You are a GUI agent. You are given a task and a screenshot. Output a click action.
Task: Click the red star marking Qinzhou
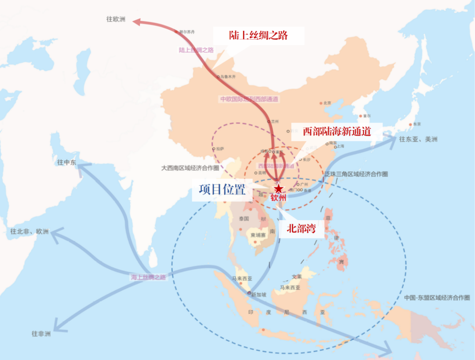[278, 189]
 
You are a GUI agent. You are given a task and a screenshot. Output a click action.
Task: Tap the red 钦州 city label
[278, 198]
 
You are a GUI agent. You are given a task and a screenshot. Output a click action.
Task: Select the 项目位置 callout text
[222, 190]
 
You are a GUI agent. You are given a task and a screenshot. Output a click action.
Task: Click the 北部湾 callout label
[301, 228]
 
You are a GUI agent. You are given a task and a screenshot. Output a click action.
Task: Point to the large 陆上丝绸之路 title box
[259, 35]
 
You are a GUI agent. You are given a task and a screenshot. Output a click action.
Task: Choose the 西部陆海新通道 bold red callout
[337, 131]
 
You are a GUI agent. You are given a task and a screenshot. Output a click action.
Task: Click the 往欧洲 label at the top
[116, 19]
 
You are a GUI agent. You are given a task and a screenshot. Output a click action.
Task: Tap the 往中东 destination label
[66, 162]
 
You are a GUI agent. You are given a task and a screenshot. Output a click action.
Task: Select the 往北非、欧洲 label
[30, 231]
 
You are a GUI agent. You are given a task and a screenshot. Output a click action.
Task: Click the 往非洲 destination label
[41, 334]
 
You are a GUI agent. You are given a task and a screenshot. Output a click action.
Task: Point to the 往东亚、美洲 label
[418, 140]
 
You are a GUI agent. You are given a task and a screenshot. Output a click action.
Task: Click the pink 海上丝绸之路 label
[148, 277]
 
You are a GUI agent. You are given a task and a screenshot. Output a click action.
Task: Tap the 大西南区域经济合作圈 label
[190, 168]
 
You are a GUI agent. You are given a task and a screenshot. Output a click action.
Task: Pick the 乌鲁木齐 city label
[228, 77]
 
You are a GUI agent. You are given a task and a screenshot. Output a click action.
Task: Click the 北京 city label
[327, 103]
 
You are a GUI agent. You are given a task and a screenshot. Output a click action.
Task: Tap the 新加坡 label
[259, 295]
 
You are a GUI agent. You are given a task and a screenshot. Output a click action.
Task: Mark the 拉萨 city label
[220, 149]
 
